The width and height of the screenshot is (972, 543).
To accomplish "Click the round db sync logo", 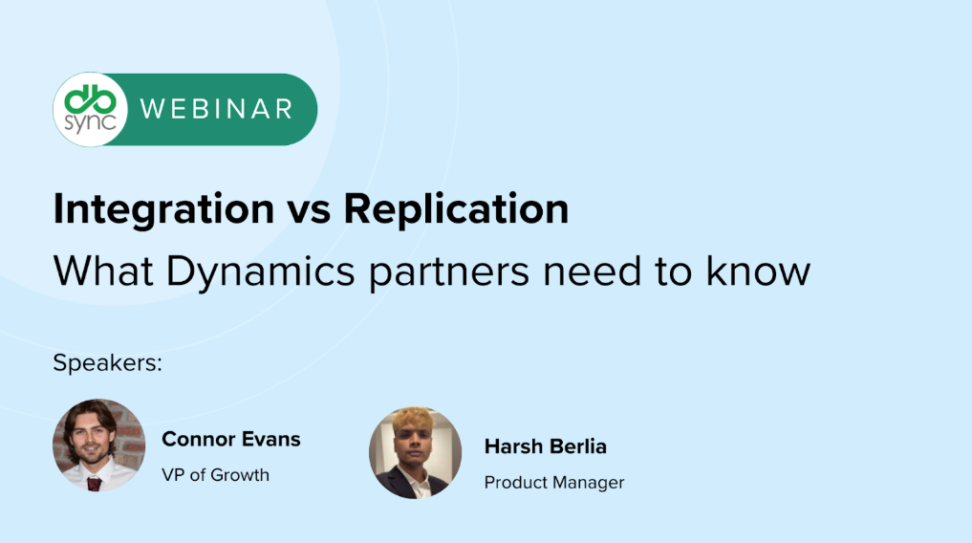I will pos(90,109).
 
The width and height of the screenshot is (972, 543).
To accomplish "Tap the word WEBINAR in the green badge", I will pos(216,109).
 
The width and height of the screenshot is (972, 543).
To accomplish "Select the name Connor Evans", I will pos(230,440).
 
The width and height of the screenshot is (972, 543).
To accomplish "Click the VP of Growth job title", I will pos(215,474).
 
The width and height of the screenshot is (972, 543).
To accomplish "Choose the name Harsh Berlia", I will pos(545,446).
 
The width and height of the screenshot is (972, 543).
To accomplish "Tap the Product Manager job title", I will pos(553,483).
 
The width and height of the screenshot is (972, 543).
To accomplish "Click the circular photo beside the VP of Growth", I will pos(99,445).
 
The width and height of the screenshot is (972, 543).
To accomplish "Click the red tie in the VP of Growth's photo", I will pos(94,483).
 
